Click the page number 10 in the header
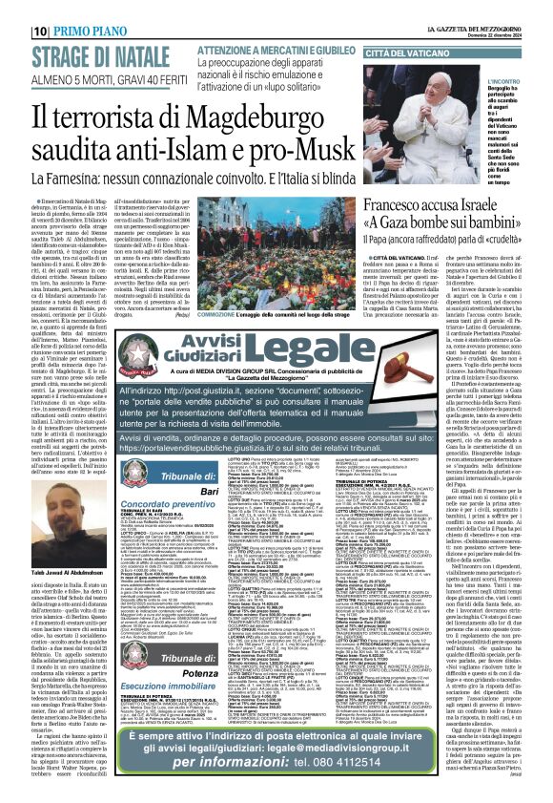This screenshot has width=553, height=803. click(x=15, y=9)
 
